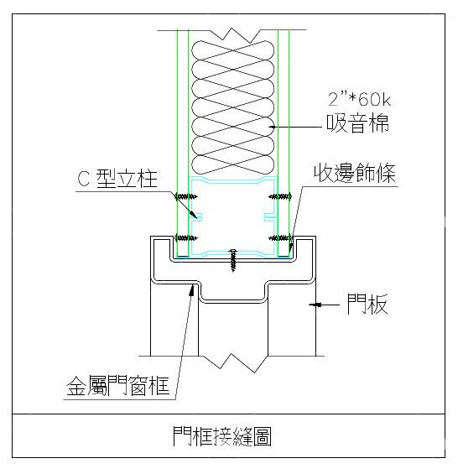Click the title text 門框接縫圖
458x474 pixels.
[x=222, y=436]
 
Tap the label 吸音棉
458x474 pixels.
[x=357, y=123]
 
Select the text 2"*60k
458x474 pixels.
[x=359, y=99]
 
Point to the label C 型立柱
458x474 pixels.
[x=117, y=179]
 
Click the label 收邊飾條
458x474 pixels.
[x=355, y=173]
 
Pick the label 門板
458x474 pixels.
[x=367, y=304]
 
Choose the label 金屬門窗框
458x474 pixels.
[x=117, y=386]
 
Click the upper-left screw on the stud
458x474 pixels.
[x=186, y=197]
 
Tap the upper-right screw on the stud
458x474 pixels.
[x=280, y=196]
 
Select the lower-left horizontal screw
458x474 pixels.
[x=186, y=238]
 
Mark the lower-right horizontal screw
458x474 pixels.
[x=280, y=238]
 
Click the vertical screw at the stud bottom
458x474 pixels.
[x=232, y=260]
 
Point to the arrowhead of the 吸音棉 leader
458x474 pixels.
[x=272, y=127]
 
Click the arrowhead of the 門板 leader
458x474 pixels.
[x=315, y=305]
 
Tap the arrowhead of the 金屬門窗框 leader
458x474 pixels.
[x=191, y=290]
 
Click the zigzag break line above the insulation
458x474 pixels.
[x=232, y=34]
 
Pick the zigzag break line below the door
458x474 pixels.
[x=232, y=362]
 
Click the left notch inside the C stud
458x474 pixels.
[x=196, y=216]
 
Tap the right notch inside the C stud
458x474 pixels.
[x=270, y=216]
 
